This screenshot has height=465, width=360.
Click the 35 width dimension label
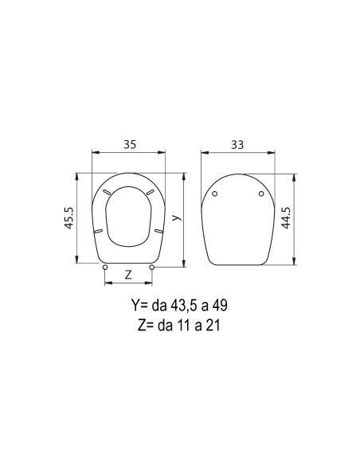click(130, 144)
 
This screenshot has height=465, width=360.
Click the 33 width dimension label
click(237, 145)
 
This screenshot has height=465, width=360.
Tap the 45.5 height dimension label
click(68, 218)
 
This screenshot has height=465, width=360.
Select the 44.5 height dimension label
click(286, 218)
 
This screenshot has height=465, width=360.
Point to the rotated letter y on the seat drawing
click(177, 217)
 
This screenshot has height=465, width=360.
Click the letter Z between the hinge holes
click(128, 275)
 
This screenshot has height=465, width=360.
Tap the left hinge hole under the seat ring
click(104, 268)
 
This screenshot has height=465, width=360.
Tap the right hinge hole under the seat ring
click(152, 268)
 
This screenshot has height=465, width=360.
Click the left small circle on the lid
click(215, 193)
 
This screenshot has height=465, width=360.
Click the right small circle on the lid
click(261, 193)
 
